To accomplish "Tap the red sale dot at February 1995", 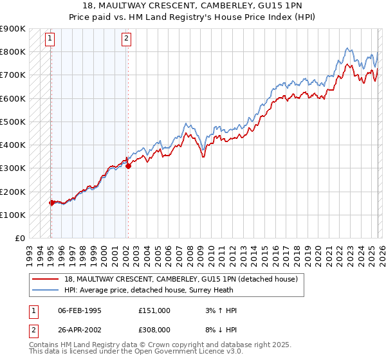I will click(51, 203).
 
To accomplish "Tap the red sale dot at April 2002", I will click(128, 166).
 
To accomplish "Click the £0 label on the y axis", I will click(19, 239).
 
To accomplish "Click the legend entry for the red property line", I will click(181, 280).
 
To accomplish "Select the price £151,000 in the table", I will click(154, 310).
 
